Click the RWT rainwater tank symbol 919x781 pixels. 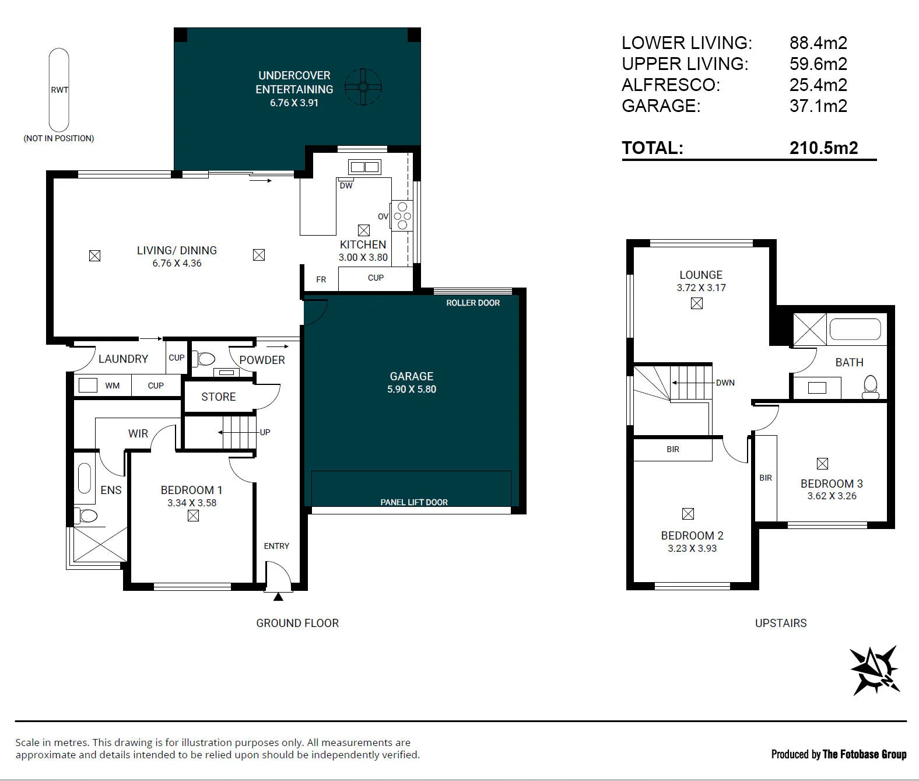click(x=59, y=90)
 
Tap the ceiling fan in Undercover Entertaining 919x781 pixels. click(x=363, y=87)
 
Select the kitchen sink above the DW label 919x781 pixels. click(x=364, y=167)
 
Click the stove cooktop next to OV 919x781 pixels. click(x=402, y=216)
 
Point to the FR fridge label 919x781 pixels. click(x=321, y=279)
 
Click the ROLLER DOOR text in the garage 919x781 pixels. click(x=473, y=303)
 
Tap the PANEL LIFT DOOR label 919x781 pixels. click(x=414, y=502)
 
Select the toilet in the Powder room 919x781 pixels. click(x=204, y=359)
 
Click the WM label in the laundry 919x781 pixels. click(x=112, y=386)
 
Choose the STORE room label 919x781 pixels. click(x=218, y=397)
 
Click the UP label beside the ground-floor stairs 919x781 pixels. click(x=265, y=432)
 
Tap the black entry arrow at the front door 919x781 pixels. click(x=278, y=597)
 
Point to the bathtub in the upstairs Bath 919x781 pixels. click(x=855, y=330)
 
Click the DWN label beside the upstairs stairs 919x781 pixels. click(x=725, y=383)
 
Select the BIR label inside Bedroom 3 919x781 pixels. click(x=766, y=478)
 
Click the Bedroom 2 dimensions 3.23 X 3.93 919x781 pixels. click(x=692, y=548)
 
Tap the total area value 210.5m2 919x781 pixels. click(x=824, y=148)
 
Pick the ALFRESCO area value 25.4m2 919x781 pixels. click(x=819, y=85)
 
